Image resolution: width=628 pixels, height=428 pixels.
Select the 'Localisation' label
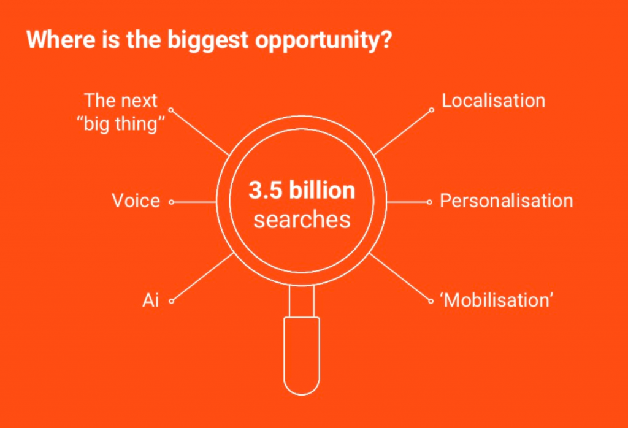493,101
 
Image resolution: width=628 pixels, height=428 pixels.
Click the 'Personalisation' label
506,201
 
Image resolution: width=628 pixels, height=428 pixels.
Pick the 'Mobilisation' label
497,300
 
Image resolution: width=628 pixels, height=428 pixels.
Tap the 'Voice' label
136,201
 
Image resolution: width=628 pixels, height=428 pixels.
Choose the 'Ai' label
151,300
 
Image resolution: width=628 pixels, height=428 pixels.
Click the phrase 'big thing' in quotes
124,125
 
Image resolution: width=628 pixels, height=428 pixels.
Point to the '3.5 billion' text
302,191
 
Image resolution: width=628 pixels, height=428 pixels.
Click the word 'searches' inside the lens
302,220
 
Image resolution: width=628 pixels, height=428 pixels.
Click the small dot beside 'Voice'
172,202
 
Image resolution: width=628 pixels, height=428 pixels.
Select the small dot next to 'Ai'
172,301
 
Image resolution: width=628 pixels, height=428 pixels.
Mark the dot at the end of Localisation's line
431,110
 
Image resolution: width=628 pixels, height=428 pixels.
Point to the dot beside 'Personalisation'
430,202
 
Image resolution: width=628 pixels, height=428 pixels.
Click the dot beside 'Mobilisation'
431,301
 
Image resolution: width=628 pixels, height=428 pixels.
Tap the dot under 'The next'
170,110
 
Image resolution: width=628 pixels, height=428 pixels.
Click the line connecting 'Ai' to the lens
204,277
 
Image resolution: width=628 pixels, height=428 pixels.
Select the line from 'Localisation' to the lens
402,132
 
